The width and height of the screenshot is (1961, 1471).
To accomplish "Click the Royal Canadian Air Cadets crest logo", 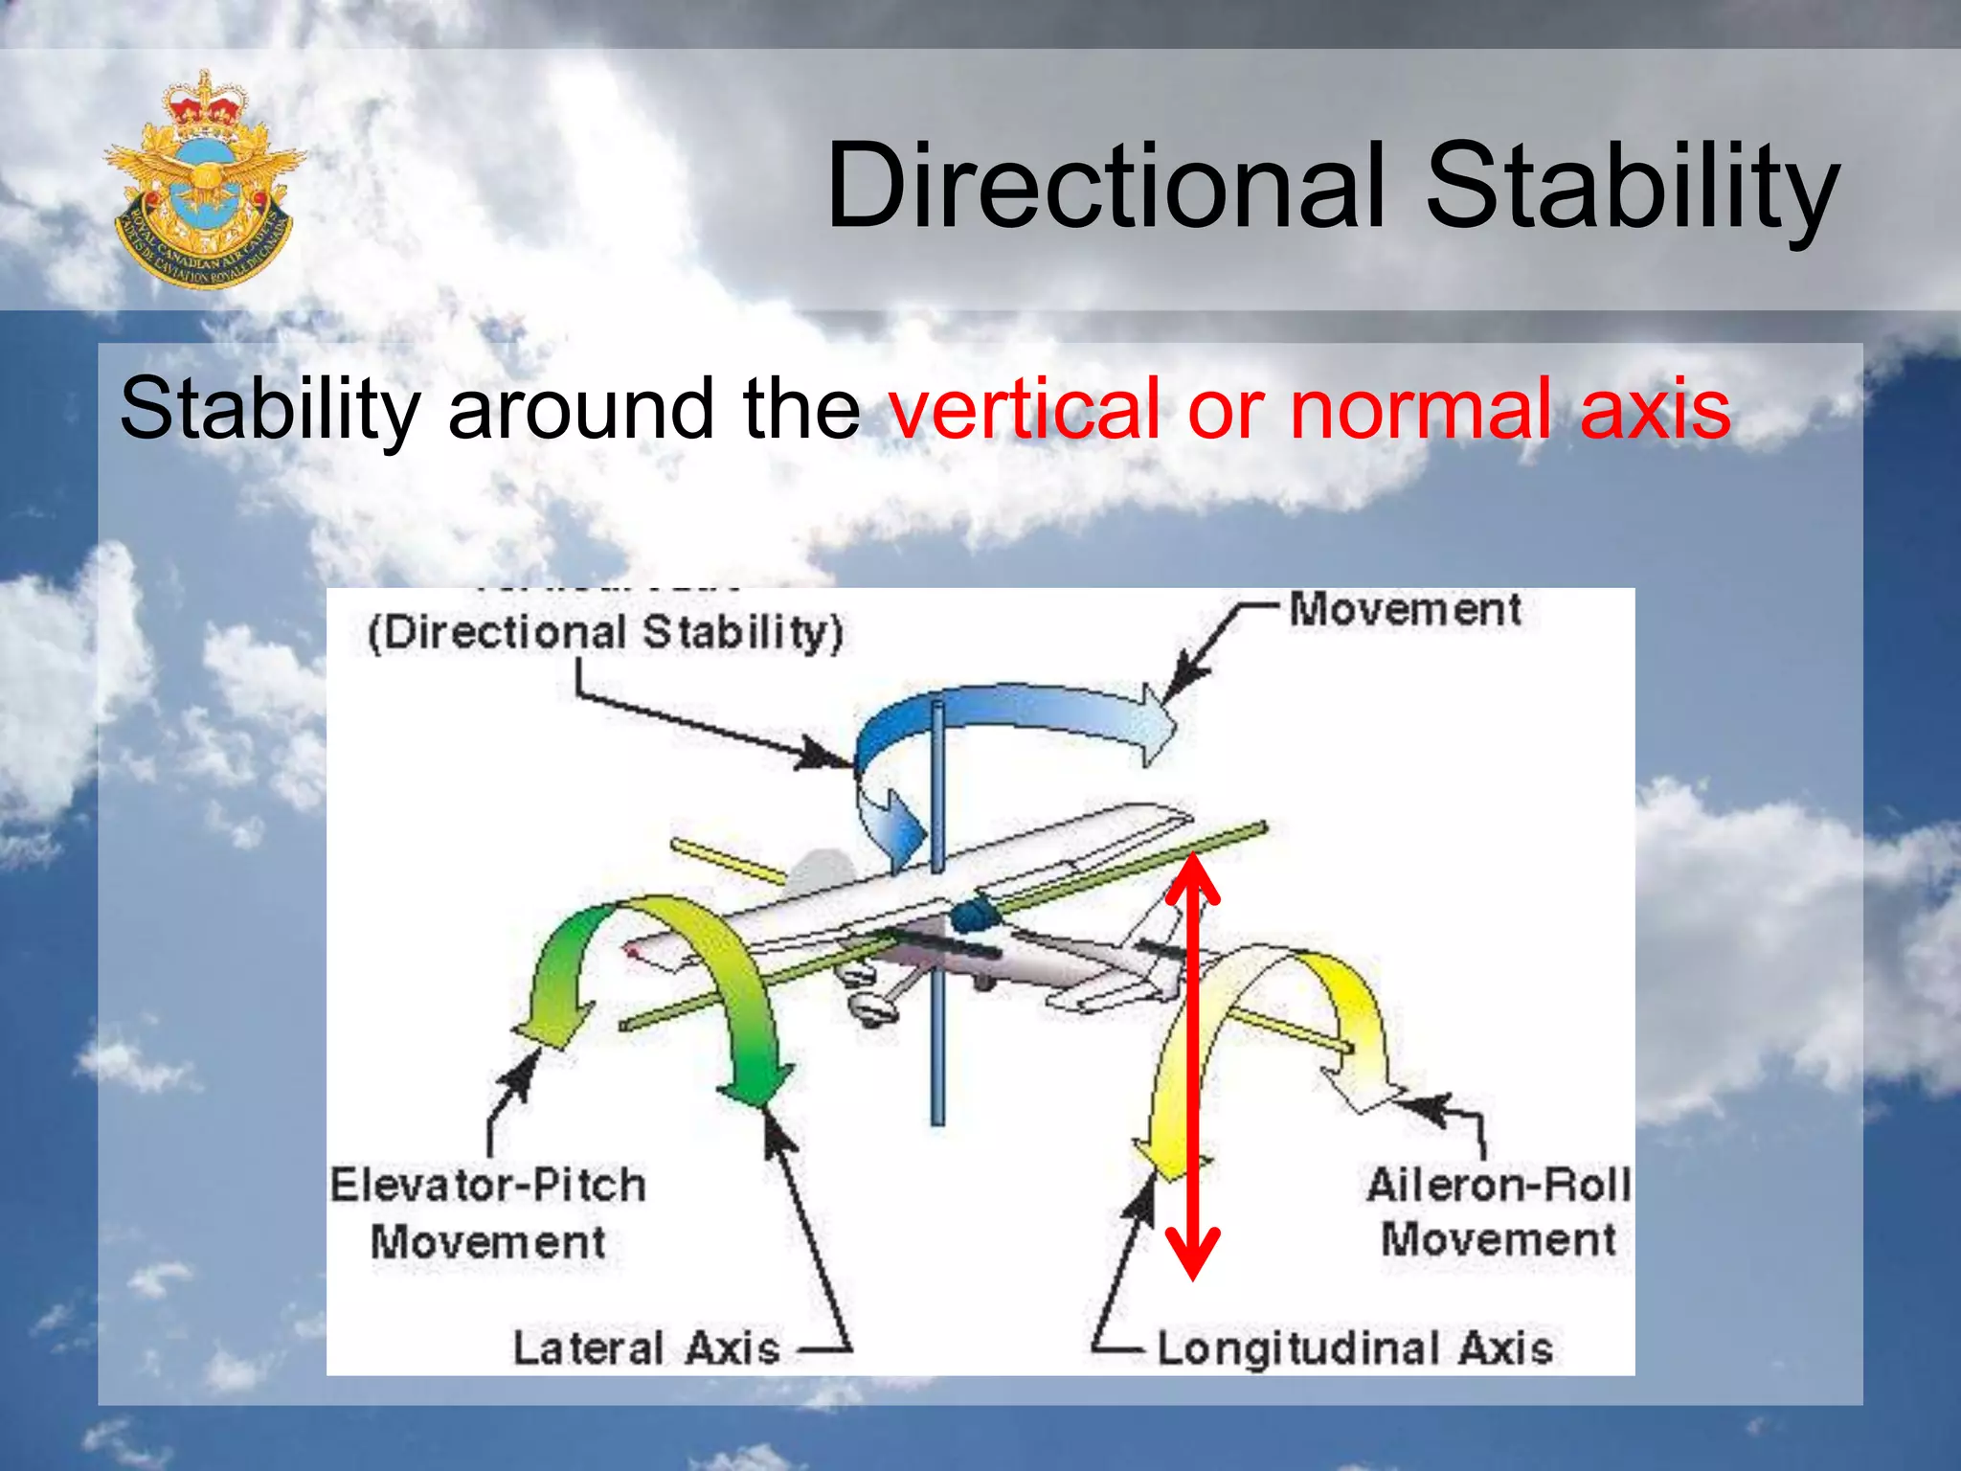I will (203, 179).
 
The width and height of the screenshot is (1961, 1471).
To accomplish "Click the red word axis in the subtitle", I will (1655, 409).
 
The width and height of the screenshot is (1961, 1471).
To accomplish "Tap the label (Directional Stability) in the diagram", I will (605, 633).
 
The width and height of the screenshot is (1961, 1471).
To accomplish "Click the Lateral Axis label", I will (646, 1348).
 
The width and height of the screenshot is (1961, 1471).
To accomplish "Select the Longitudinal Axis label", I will (1354, 1348).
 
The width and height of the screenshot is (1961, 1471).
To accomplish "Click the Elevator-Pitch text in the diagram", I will (488, 1186).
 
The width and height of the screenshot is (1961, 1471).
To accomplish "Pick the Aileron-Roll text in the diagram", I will (1498, 1186).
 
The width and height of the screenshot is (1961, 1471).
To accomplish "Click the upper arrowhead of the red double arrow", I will (1192, 876).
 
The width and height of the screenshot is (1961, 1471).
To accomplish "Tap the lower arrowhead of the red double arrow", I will (1192, 1255).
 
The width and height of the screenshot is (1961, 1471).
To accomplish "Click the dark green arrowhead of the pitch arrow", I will (756, 1087).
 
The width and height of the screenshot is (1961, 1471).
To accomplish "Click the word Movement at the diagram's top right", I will (1405, 610).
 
